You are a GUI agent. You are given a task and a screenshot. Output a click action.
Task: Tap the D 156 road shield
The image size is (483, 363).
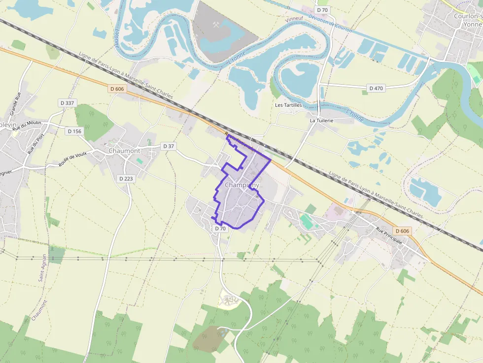coord(74,131)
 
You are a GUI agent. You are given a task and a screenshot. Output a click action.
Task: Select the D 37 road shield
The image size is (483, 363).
coord(169,146)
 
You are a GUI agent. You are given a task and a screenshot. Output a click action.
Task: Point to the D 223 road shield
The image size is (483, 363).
coord(126,179)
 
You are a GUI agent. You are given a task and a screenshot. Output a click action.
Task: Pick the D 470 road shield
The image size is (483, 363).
coord(376,88)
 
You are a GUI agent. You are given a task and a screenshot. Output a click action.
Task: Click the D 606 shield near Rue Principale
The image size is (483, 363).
coord(402,231)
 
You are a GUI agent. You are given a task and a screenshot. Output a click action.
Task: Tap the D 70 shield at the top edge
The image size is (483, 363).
coord(322,10)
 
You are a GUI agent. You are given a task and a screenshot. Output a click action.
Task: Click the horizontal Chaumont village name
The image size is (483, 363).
coord(124,151)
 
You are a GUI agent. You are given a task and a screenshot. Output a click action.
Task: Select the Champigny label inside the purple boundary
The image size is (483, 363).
coord(241,185)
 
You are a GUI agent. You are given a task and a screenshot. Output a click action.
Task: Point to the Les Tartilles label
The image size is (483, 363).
coord(288,105)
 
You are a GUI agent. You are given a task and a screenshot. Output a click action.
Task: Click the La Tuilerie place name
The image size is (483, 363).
coord(321,120)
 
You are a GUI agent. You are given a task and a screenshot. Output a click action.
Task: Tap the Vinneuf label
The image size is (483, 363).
coord(294,19)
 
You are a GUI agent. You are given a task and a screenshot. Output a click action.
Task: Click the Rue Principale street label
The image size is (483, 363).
coord(389,235)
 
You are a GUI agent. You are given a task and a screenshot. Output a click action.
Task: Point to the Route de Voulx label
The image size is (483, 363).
coord(72,159)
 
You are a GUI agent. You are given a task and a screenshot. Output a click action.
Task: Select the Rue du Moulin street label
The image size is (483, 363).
coord(28,125)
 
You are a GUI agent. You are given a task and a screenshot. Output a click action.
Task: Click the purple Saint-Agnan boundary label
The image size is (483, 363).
coord(43,268)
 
